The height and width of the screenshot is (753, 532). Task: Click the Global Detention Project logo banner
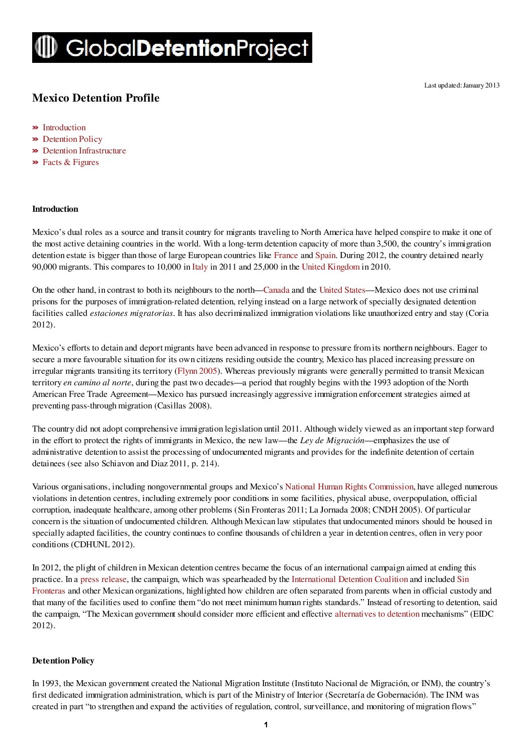pyautogui.click(x=172, y=48)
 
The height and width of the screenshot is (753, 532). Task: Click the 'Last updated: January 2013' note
pyautogui.click(x=462, y=86)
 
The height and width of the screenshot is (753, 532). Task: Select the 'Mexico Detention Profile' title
pyautogui.click(x=96, y=98)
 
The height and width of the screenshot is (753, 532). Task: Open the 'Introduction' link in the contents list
pyautogui.click(x=64, y=128)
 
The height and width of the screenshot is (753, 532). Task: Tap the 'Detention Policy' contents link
pyautogui.click(x=72, y=139)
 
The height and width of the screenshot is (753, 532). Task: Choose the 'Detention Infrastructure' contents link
pyautogui.click(x=84, y=151)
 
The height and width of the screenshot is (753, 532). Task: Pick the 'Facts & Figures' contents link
pyautogui.click(x=70, y=162)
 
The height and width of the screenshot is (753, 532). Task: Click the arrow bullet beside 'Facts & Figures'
pyautogui.click(x=35, y=162)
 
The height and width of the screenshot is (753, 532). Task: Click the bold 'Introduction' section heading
pyautogui.click(x=55, y=209)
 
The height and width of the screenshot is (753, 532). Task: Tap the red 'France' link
pyautogui.click(x=286, y=256)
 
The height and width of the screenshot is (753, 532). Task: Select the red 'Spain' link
pyautogui.click(x=325, y=256)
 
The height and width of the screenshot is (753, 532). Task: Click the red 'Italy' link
pyautogui.click(x=200, y=267)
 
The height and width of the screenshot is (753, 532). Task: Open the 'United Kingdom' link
pyautogui.click(x=330, y=267)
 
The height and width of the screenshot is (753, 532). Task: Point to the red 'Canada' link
pyautogui.click(x=276, y=290)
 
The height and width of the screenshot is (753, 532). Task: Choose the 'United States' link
pyautogui.click(x=342, y=290)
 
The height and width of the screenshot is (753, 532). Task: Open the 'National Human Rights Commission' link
pyautogui.click(x=349, y=487)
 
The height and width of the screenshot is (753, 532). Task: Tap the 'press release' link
pyautogui.click(x=104, y=579)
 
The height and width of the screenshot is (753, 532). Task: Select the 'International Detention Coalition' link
pyautogui.click(x=349, y=579)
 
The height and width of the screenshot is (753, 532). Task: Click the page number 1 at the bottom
pyautogui.click(x=265, y=725)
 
